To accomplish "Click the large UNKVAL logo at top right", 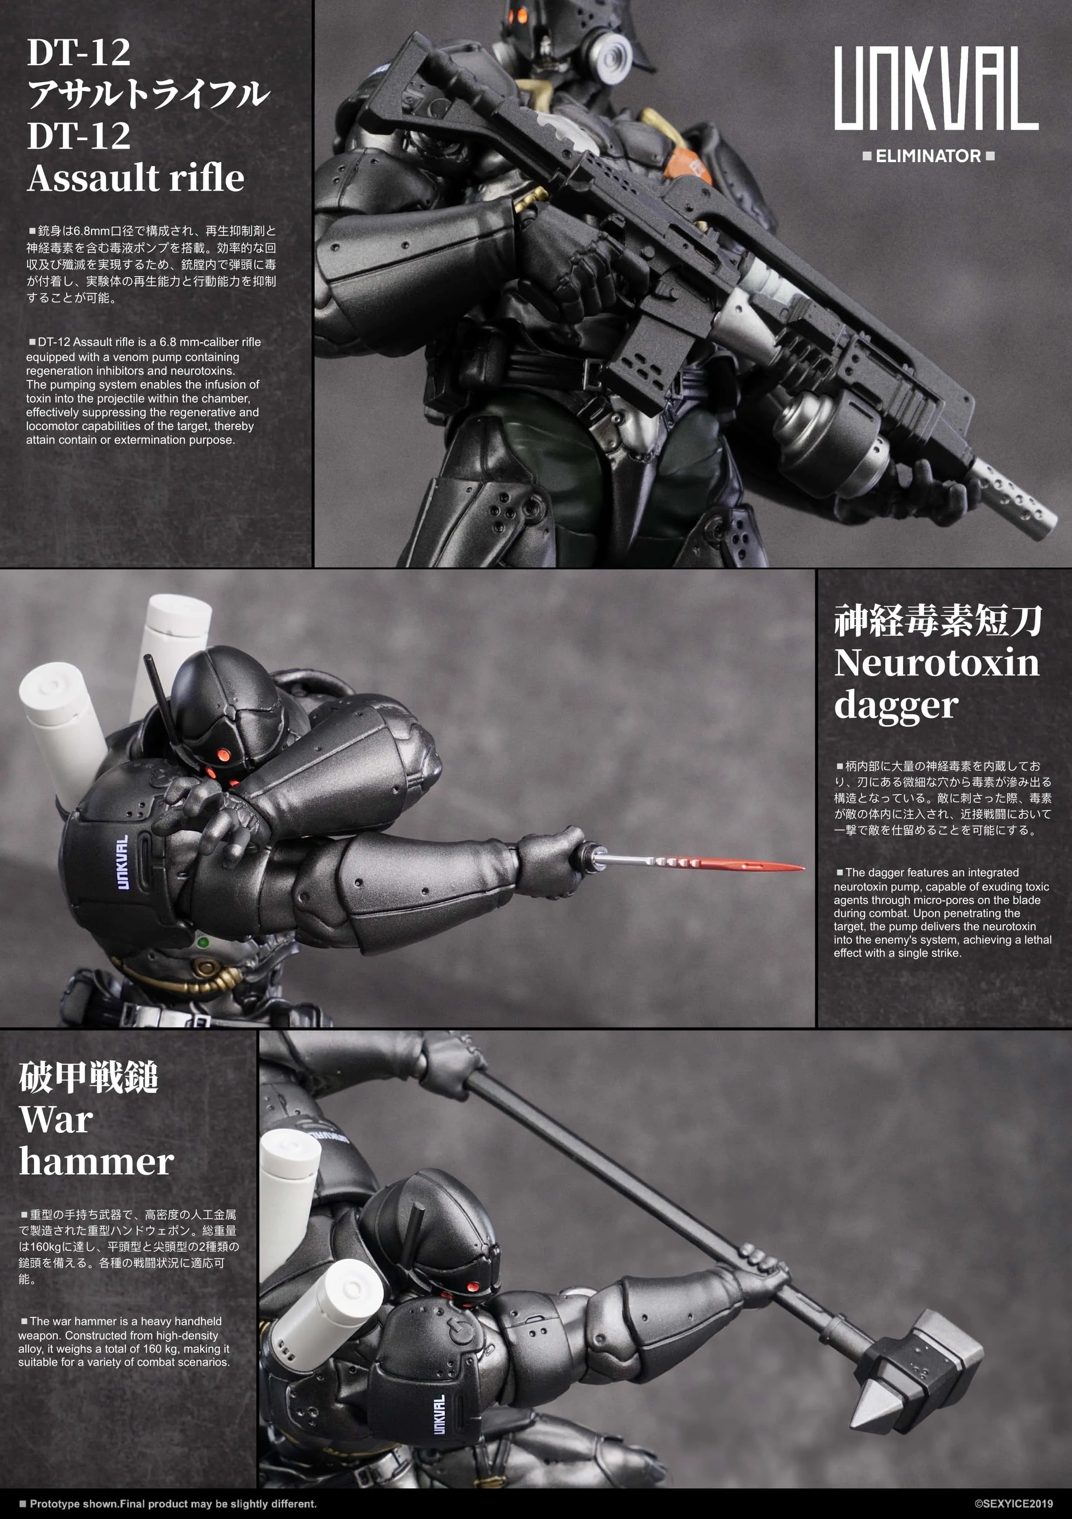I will (x=935, y=88).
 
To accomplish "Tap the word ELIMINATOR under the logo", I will (x=928, y=156).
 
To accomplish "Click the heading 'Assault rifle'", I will (x=136, y=178).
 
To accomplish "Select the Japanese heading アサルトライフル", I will (x=148, y=93).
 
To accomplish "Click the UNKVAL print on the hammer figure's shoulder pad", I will (x=439, y=1414).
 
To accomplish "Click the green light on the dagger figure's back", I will (x=203, y=942).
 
